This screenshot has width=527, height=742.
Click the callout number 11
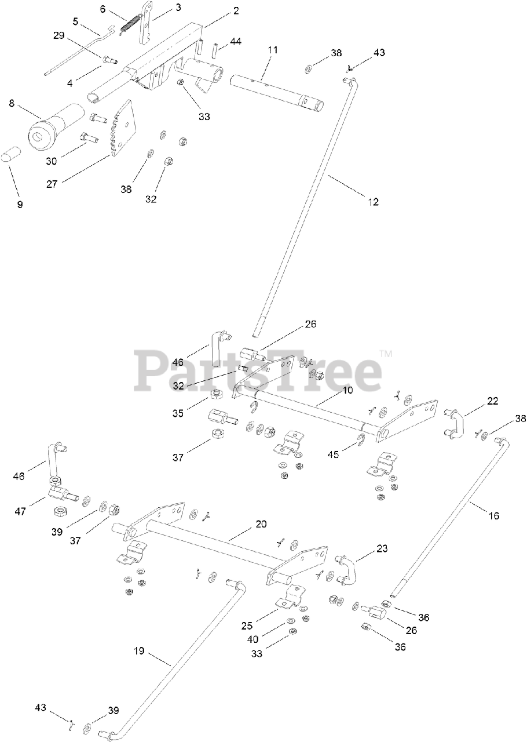pyautogui.click(x=273, y=50)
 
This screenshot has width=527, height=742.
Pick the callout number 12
pyautogui.click(x=373, y=202)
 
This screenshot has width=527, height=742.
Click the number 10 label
pyautogui.click(x=347, y=390)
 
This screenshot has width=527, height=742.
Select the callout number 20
pyautogui.click(x=261, y=523)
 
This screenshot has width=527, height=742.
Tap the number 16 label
pyautogui.click(x=494, y=515)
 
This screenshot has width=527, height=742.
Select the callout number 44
pyautogui.click(x=236, y=41)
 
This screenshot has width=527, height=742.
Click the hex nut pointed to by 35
pyautogui.click(x=216, y=395)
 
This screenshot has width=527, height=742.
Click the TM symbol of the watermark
pyautogui.click(x=386, y=353)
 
